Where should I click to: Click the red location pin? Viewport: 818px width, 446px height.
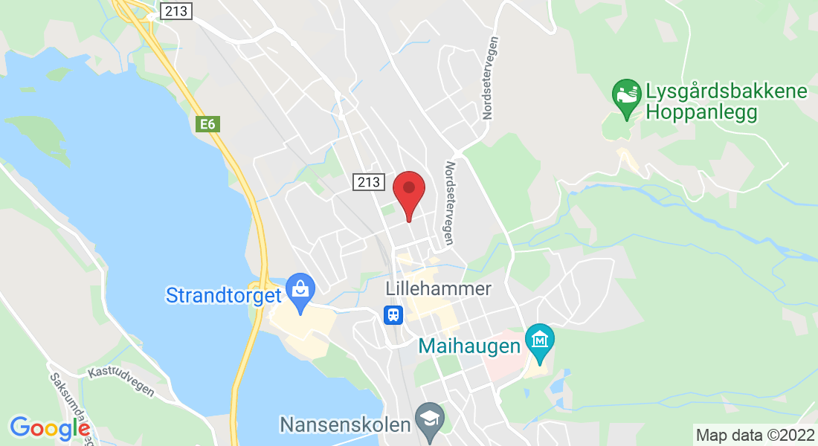pos(408,192)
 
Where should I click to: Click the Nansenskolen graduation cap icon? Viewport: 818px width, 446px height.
pos(429,417)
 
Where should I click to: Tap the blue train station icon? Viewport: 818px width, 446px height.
pos(393,315)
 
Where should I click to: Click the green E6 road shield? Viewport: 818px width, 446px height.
pos(207,124)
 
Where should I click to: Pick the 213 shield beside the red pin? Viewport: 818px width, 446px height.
pos(368,181)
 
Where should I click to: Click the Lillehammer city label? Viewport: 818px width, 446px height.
pos(439,289)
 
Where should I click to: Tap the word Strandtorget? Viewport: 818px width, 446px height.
pos(223,295)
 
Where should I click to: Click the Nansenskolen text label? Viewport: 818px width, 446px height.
pos(345,425)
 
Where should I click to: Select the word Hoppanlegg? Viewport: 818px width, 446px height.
pos(701,113)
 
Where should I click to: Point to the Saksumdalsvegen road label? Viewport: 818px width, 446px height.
pos(71,405)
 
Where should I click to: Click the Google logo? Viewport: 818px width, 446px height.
pos(50,428)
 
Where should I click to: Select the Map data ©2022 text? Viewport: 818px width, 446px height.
pos(754,434)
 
